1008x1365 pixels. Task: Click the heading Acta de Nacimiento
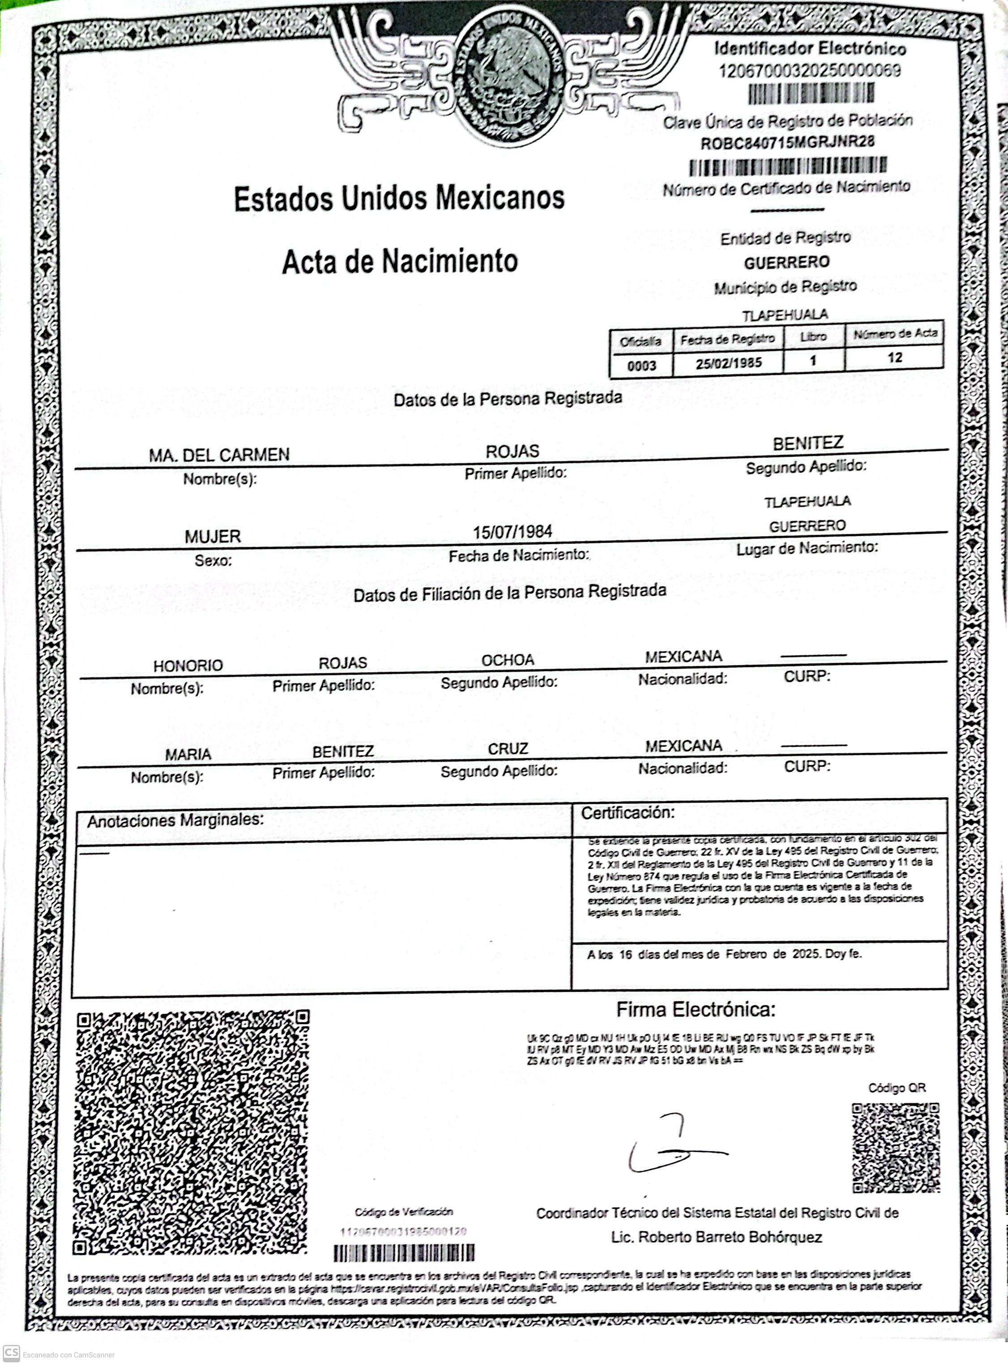point(400,261)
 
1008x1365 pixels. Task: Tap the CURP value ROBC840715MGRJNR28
point(787,143)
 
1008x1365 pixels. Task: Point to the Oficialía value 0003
point(641,366)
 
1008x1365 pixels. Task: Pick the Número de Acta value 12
point(894,357)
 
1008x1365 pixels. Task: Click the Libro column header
point(813,336)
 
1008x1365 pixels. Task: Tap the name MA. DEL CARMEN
point(219,455)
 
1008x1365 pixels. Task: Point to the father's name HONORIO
point(188,665)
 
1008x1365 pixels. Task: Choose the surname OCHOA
point(508,660)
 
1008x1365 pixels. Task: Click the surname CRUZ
point(508,748)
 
